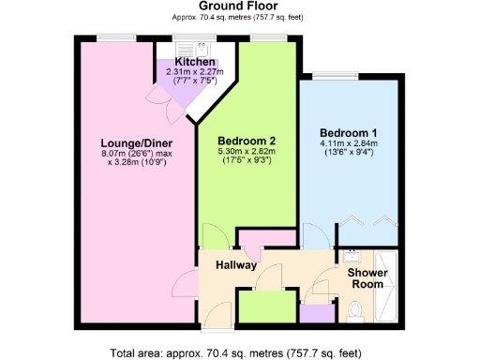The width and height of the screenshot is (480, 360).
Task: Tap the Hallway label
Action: click(x=234, y=266)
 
